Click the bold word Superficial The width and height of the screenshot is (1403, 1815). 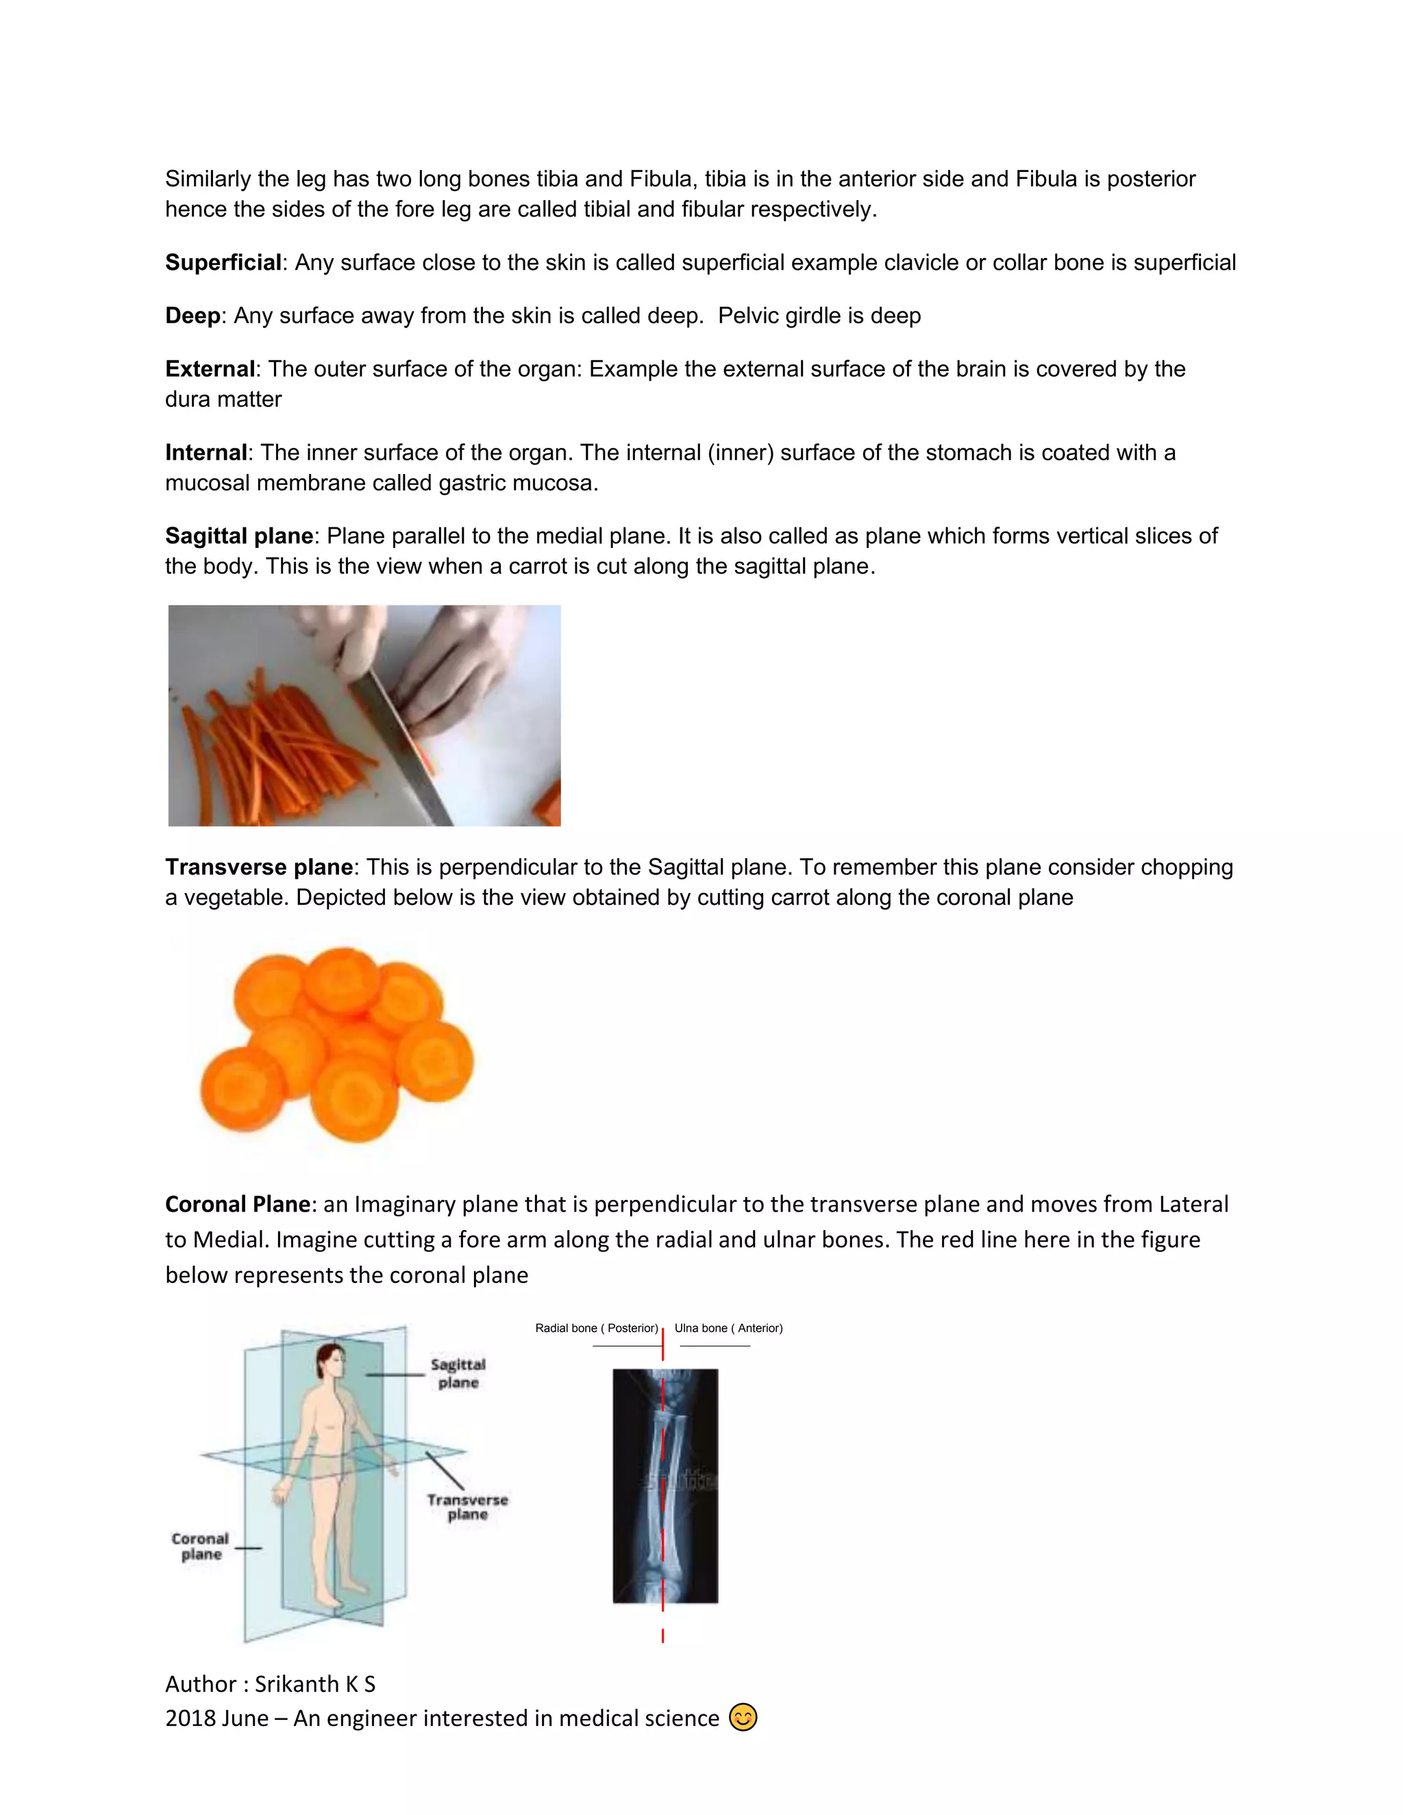tap(223, 262)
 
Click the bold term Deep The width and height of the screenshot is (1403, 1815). tap(193, 316)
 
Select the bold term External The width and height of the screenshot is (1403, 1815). tap(210, 369)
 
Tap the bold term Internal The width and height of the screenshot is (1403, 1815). tap(206, 453)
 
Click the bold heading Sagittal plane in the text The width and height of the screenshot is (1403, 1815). tap(239, 536)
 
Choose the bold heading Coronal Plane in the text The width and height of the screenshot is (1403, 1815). tap(238, 1204)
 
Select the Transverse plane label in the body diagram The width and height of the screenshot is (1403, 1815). tap(467, 1507)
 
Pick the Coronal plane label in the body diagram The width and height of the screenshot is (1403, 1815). tap(200, 1547)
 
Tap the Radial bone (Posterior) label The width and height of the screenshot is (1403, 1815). tap(596, 1328)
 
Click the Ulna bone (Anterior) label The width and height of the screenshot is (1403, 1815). tap(728, 1328)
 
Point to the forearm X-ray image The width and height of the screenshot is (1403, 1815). tap(665, 1488)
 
